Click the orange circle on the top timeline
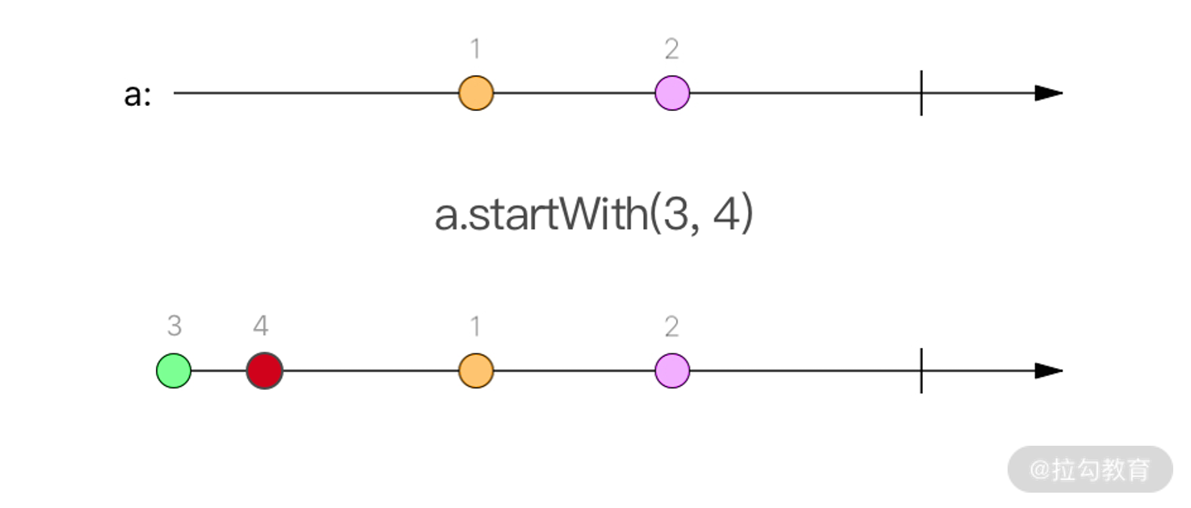476,93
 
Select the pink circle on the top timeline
672,93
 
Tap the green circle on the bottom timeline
174,371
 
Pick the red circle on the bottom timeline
265,371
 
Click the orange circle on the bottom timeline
476,371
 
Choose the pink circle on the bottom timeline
672,371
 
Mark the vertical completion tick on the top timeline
921,93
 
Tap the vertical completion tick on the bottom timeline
921,371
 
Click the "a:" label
137,95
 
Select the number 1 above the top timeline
476,49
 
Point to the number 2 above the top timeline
672,49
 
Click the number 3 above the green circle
174,326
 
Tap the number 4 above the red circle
260,326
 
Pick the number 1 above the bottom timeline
476,326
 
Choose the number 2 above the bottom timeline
672,326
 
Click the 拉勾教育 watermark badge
1090,469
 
